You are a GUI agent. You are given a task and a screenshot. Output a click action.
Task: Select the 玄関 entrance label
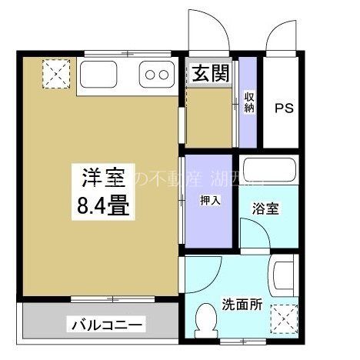pyautogui.click(x=209, y=74)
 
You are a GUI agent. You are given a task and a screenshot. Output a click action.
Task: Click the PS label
pyautogui.click(x=285, y=108)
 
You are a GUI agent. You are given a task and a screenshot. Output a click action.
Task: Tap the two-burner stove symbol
pyautogui.click(x=156, y=75)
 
